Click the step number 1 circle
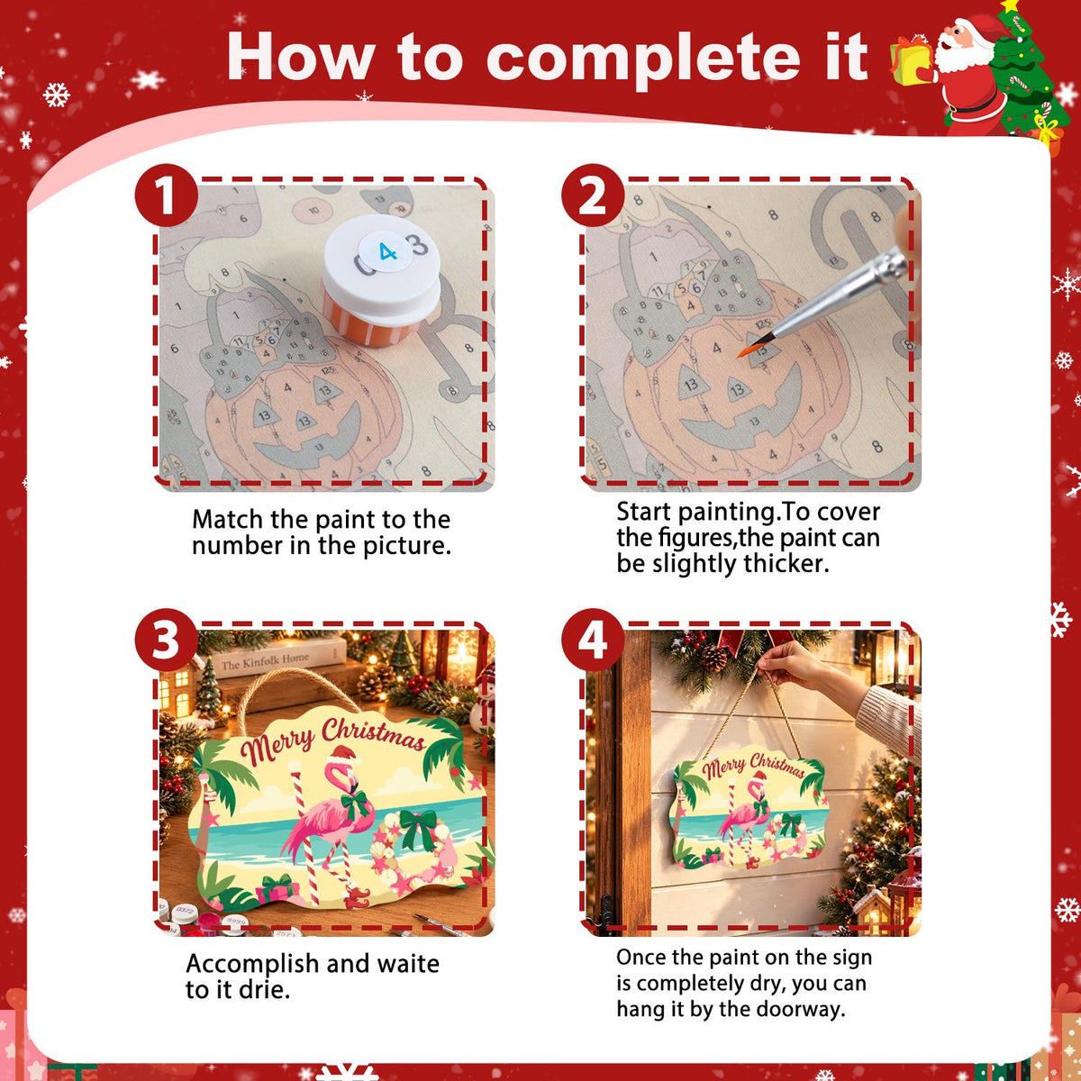[166, 195]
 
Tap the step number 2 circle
[593, 195]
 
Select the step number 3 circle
[166, 640]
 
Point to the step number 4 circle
[593, 640]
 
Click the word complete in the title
[643, 58]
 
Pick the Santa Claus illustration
[967, 70]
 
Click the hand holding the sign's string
[791, 666]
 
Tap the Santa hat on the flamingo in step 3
[343, 755]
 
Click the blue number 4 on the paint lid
[387, 251]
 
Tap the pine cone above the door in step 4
[713, 657]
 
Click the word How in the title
[301, 58]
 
